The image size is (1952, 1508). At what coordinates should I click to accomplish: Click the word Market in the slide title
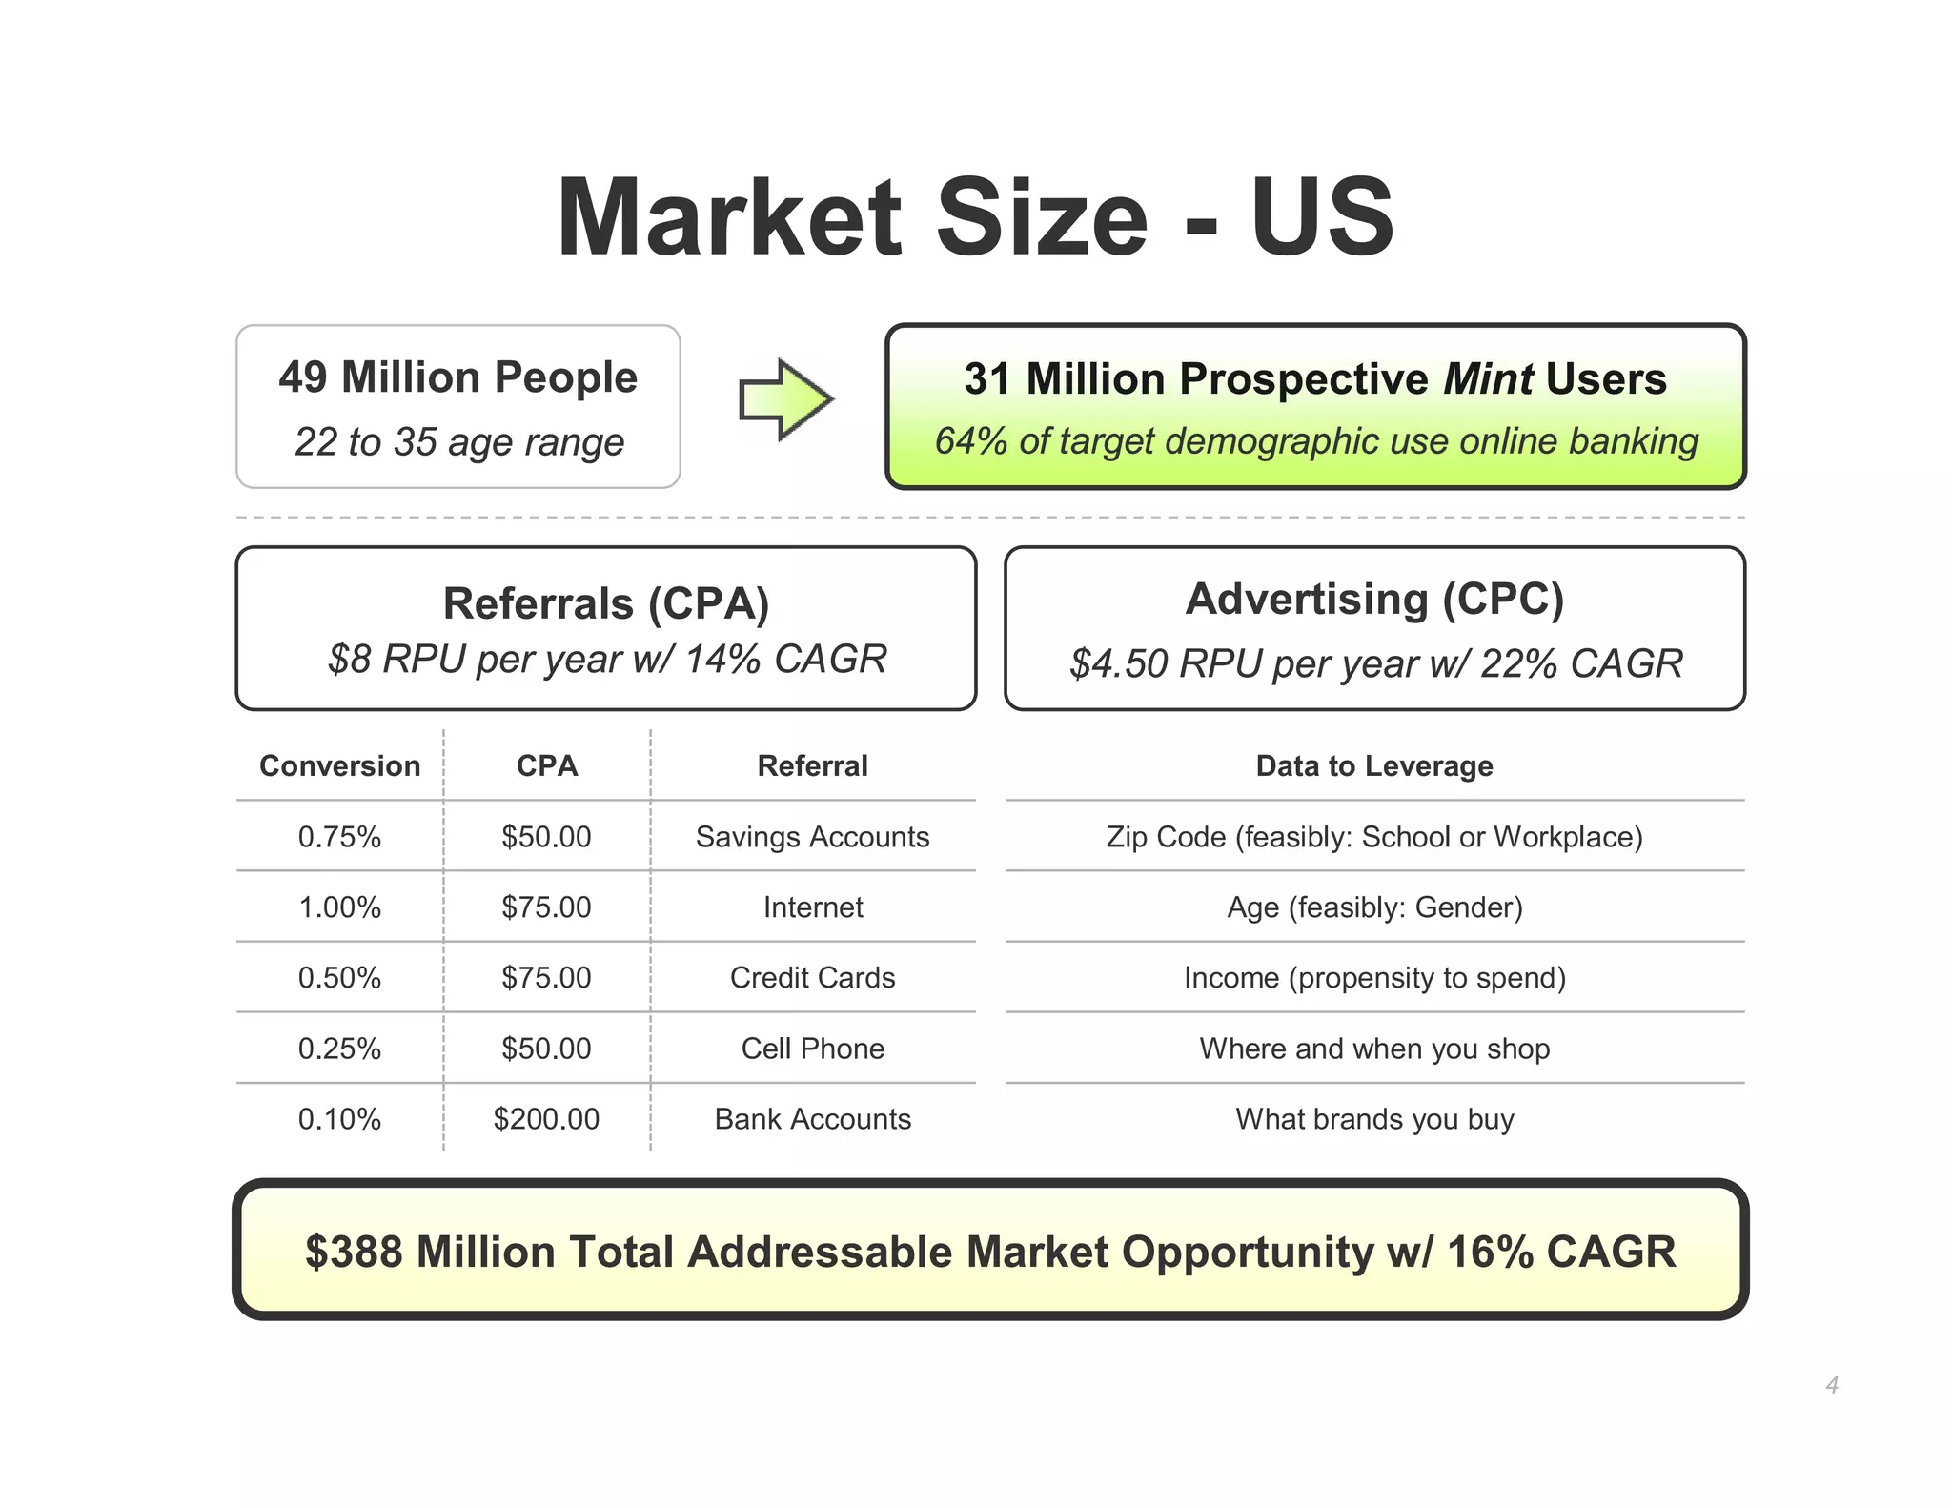click(728, 218)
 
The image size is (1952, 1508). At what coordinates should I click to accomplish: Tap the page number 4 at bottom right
click(1831, 1385)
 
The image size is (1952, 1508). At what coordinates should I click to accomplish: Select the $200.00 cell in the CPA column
click(546, 1119)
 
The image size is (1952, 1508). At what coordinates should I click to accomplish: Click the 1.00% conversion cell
click(339, 907)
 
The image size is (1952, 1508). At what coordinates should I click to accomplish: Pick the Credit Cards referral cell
click(812, 978)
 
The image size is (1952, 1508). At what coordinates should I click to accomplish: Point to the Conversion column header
click(339, 766)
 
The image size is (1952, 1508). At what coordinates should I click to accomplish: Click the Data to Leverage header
click(1373, 766)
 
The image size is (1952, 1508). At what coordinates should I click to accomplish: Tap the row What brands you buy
click(1373, 1119)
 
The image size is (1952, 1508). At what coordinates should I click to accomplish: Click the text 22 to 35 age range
click(458, 442)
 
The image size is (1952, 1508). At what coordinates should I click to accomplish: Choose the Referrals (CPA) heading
click(606, 604)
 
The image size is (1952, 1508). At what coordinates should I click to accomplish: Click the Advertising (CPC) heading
click(1373, 600)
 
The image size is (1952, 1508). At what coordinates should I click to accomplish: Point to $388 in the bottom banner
click(355, 1253)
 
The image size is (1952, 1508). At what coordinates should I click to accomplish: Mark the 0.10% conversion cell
click(339, 1119)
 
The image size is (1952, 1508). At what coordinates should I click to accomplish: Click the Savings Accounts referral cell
click(812, 837)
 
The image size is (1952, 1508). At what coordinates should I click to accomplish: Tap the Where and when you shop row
click(1373, 1049)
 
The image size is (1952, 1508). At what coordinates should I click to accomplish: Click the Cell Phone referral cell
click(812, 1049)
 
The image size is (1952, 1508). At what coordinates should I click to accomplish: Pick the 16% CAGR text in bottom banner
click(1560, 1253)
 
